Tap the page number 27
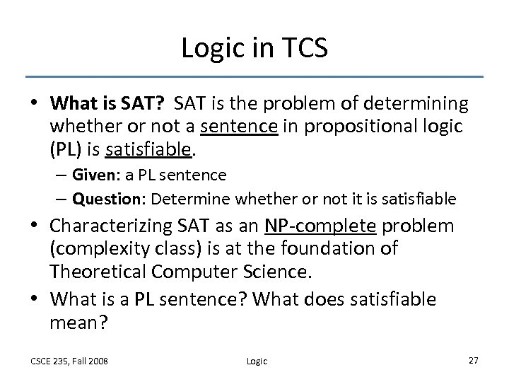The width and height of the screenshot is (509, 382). point(474,360)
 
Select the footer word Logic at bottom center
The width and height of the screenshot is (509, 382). point(257,361)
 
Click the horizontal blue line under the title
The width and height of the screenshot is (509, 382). point(254,76)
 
